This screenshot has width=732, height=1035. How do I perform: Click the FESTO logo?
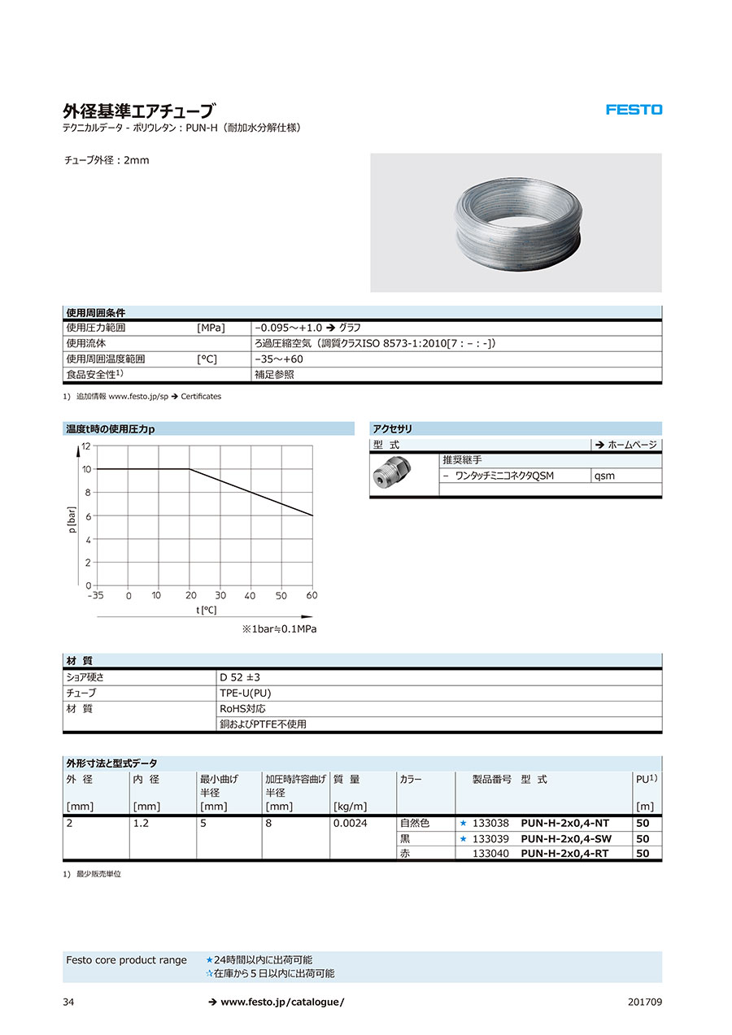(634, 110)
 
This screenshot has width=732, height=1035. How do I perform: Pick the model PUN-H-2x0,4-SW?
(566, 839)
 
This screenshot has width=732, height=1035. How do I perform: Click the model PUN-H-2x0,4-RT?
(564, 854)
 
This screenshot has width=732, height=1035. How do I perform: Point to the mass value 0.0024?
(350, 824)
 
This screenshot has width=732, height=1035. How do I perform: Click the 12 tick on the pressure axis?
(86, 446)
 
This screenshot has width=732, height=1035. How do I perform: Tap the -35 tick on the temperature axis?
(97, 596)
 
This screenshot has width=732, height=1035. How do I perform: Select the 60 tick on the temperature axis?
(312, 596)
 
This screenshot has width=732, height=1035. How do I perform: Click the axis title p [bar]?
(72, 520)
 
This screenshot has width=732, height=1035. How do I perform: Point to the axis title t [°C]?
(207, 610)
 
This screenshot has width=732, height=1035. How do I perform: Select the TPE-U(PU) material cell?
(245, 693)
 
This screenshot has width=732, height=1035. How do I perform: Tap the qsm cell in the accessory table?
(605, 476)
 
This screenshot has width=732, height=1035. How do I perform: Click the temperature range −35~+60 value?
(279, 359)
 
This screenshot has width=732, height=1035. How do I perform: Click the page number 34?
(68, 1002)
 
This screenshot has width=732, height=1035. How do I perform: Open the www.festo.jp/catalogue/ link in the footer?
(282, 1002)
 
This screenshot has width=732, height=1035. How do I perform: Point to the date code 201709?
(645, 1002)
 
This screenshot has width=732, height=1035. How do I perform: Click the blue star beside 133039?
(464, 839)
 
